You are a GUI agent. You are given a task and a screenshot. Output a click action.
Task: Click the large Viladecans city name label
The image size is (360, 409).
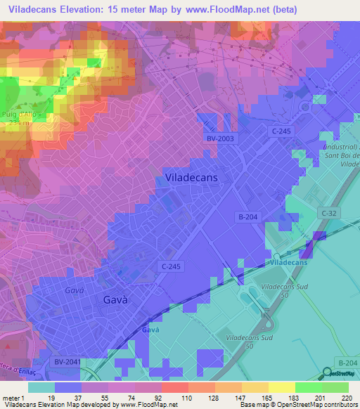click(x=191, y=178)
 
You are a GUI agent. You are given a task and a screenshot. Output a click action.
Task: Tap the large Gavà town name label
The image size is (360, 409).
click(x=115, y=299)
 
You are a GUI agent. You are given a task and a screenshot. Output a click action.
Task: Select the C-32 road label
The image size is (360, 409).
click(x=329, y=213)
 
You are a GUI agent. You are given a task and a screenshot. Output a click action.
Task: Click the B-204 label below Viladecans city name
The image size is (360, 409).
click(x=249, y=218)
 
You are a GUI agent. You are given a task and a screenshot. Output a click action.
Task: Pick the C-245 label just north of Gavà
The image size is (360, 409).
click(x=172, y=266)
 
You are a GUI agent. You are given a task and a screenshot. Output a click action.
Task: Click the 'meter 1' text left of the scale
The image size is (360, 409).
click(x=14, y=398)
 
